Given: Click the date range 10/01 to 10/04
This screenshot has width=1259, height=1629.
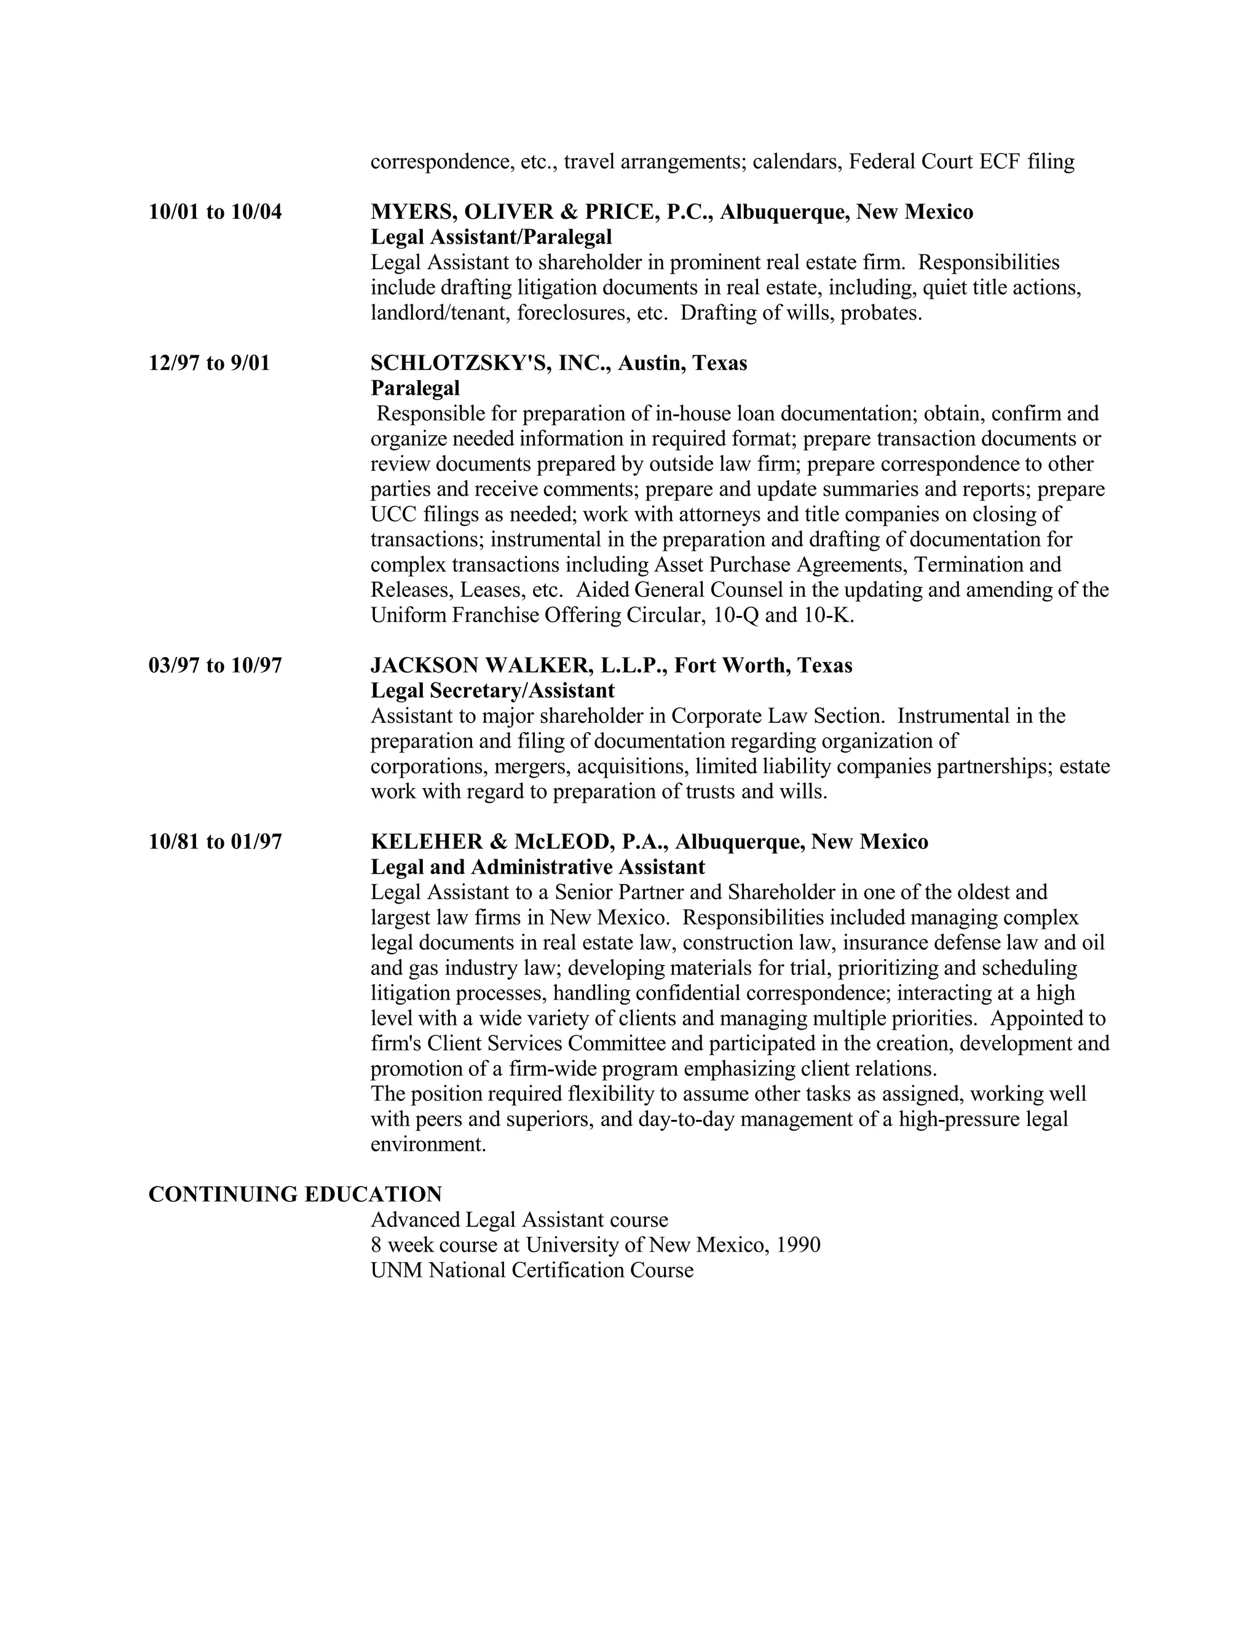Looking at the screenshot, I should (215, 212).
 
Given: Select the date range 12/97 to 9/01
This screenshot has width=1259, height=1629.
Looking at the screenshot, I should (209, 363).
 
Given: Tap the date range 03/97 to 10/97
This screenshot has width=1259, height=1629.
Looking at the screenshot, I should (215, 665).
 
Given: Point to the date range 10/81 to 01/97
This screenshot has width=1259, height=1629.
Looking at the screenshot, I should (215, 842).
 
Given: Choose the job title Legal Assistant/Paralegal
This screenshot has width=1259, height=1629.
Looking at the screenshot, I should (491, 237).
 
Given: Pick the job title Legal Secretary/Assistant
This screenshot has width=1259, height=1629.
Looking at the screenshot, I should (492, 691).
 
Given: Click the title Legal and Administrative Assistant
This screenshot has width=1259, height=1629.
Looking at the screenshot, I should (537, 867).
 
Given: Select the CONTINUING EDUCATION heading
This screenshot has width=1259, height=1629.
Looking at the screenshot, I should (295, 1195).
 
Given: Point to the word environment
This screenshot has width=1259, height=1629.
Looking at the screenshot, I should (427, 1144).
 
